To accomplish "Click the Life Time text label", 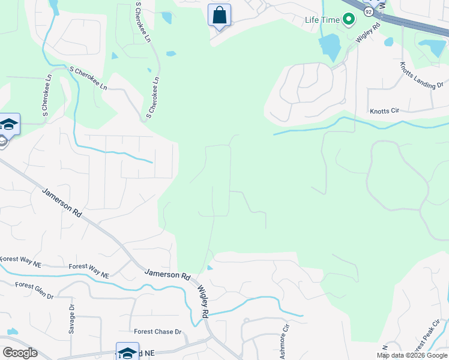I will tap(322, 20).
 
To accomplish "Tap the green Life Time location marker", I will tap(349, 20).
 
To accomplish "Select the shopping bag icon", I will tap(219, 14).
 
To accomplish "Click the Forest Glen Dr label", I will tap(34, 290).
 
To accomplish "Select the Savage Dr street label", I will tap(71, 319).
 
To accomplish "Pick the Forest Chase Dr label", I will tap(157, 331).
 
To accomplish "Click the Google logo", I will tap(20, 352).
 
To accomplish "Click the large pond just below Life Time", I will tap(329, 45).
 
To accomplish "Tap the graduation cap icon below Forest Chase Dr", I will tap(127, 352).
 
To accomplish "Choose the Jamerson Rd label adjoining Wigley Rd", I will tap(167, 274).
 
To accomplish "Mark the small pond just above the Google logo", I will tap(11, 331).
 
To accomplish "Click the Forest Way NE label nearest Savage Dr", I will tap(89, 271).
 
